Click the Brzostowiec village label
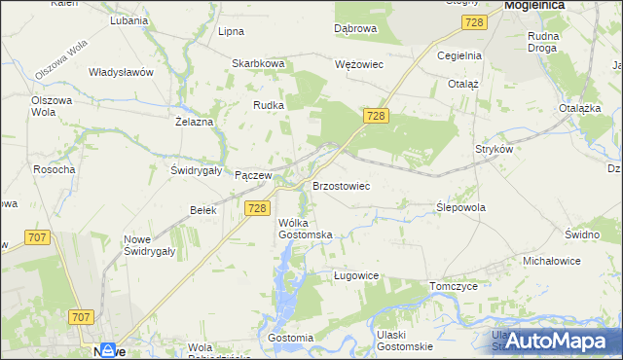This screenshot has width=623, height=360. (x=341, y=185)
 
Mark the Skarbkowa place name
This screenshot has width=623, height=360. (x=257, y=64)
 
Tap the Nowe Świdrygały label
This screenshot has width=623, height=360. (x=149, y=245)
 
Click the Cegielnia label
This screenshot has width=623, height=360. (x=459, y=55)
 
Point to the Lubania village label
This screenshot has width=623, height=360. (x=128, y=20)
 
